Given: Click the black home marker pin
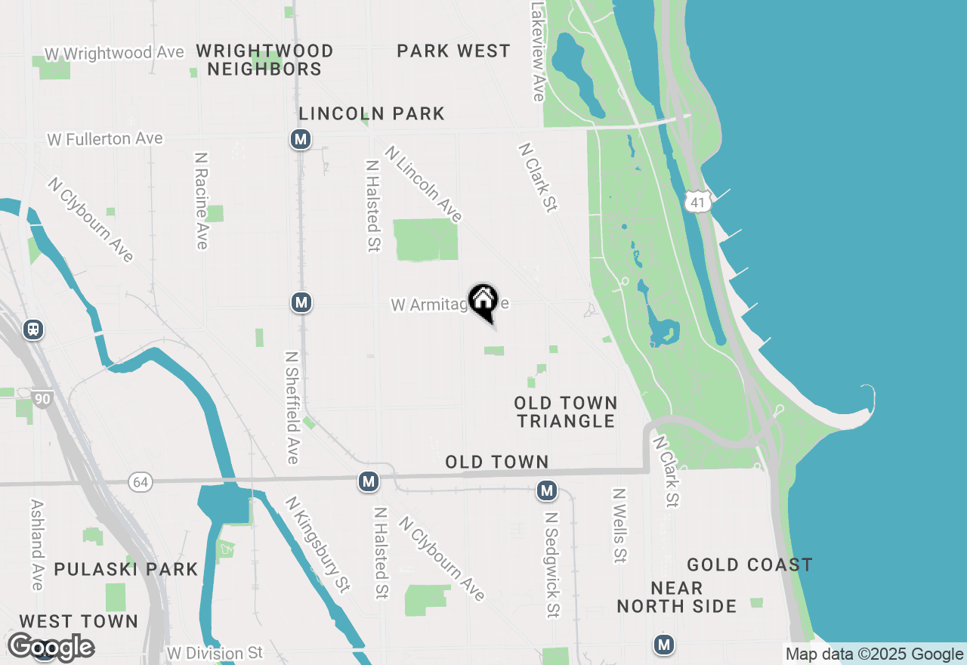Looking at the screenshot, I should click(483, 302).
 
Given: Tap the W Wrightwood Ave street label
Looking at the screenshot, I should click(114, 54).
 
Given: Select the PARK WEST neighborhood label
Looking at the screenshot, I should click(453, 51).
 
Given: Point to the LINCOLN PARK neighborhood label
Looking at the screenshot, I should click(372, 114).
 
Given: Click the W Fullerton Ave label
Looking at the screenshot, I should click(105, 139).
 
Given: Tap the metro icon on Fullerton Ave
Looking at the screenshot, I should click(301, 139).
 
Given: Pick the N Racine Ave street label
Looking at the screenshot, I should click(201, 200).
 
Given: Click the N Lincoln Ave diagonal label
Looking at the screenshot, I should click(423, 184).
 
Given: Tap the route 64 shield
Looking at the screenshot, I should click(139, 482).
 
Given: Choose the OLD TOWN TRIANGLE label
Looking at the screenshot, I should click(566, 412).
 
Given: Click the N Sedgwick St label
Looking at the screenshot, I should click(552, 564).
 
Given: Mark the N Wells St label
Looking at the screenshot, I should click(619, 525).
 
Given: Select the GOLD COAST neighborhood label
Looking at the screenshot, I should click(749, 565).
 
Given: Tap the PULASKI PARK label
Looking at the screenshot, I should click(125, 569).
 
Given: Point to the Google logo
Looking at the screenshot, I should click(51, 647).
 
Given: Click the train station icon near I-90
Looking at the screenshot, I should click(33, 329).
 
